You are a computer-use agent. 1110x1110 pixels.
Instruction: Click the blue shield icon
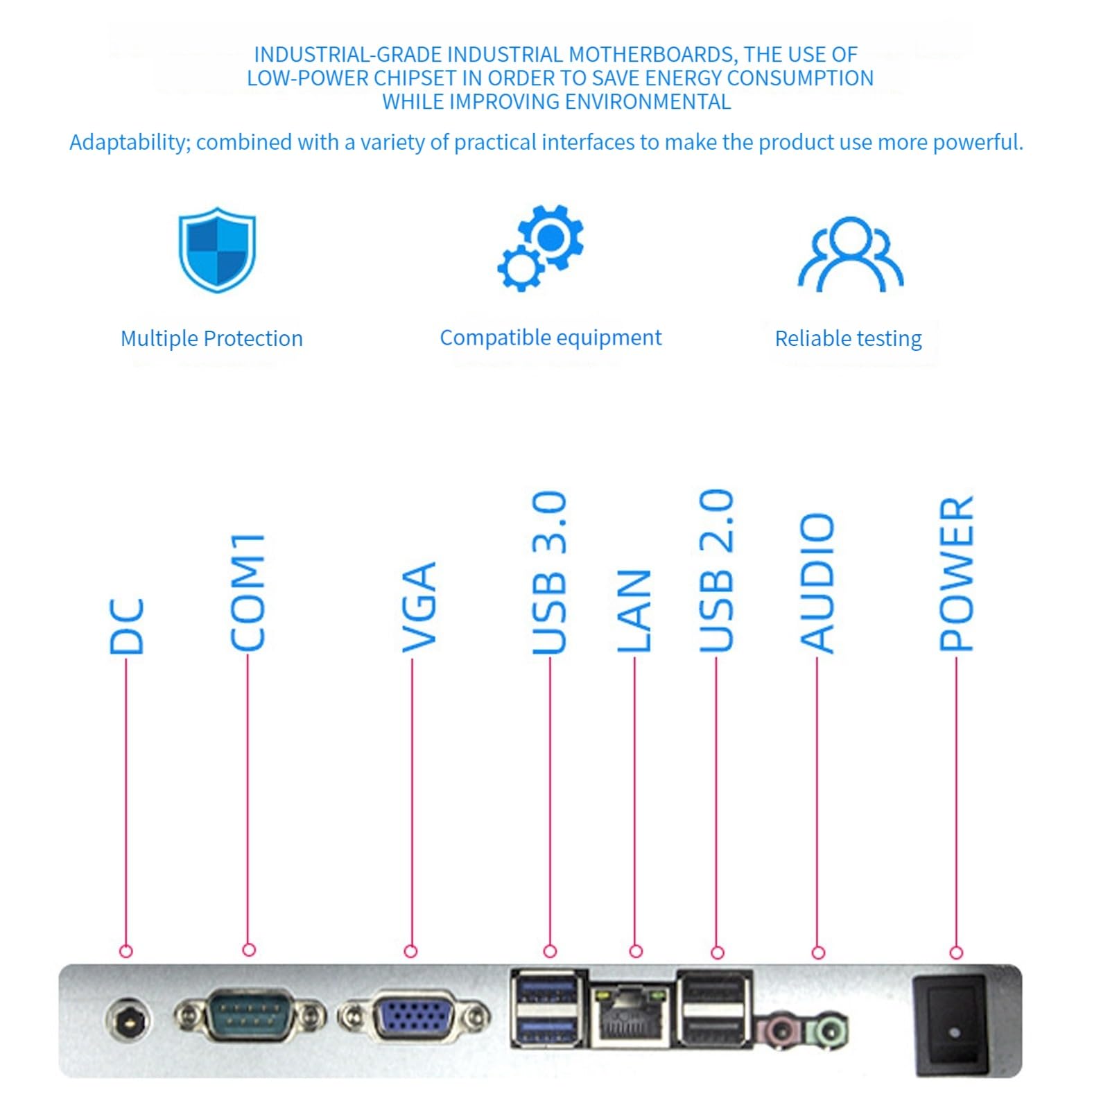[x=217, y=249]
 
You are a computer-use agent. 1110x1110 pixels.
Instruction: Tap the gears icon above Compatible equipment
[x=541, y=248]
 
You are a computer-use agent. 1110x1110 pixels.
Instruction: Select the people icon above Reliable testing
[x=850, y=254]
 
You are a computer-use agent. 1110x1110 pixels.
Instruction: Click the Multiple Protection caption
[x=211, y=338]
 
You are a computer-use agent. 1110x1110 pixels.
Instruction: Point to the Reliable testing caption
[x=848, y=338]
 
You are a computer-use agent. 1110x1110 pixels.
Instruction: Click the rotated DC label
[x=127, y=626]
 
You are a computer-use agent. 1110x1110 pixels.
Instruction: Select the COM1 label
[x=248, y=592]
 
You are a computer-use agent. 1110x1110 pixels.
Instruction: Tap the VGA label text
[x=419, y=607]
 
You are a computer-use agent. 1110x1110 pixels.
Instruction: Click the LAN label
[x=634, y=611]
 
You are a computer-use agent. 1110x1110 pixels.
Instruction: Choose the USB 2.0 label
[x=716, y=571]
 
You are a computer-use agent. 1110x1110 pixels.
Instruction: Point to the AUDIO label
[x=817, y=582]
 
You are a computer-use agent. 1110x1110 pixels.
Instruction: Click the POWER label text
[x=956, y=573]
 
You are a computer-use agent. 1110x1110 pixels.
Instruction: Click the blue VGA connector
[x=414, y=1017]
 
